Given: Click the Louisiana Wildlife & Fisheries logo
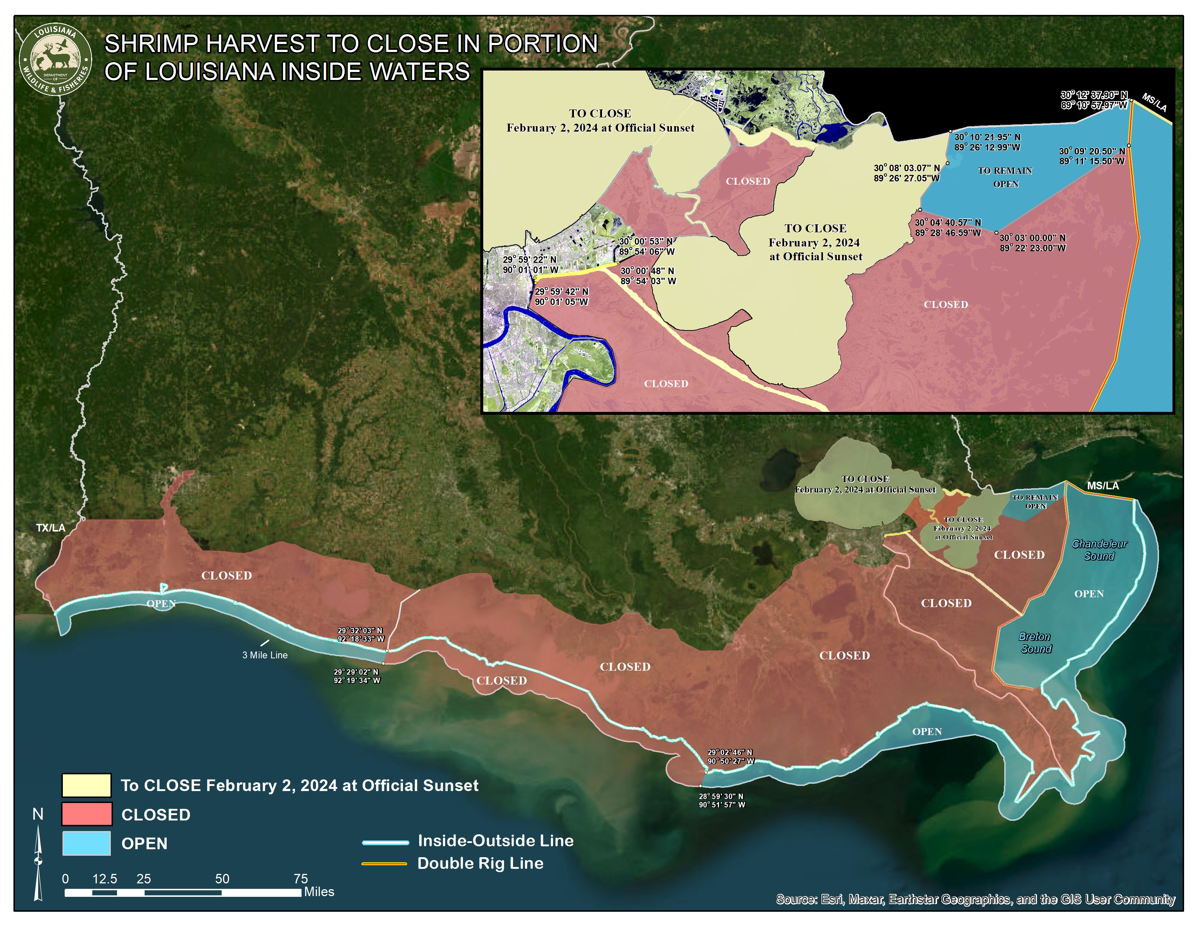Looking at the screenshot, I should [56, 59].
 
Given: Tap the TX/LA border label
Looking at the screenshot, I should [51, 528].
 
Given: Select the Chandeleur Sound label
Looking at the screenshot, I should [1099, 550].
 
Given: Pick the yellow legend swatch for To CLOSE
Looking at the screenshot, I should [86, 785].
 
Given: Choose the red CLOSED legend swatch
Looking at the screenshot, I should [86, 814].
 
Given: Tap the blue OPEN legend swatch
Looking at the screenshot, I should [86, 843].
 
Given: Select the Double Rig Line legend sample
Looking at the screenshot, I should [384, 864].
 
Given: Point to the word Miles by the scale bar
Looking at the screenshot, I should [319, 892].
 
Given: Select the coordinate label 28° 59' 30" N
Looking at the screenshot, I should [721, 796].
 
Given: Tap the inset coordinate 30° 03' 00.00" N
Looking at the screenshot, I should [1033, 238].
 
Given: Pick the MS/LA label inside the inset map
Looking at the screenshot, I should [1154, 103].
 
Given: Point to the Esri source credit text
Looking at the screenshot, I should [975, 899].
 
